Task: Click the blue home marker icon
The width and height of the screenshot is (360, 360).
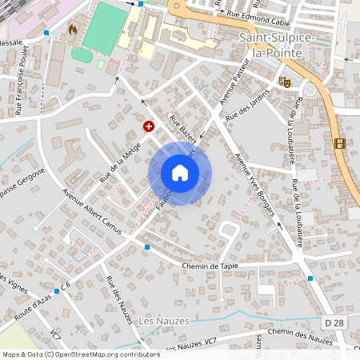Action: (x=180, y=173)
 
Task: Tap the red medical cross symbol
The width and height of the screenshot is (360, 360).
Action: (x=148, y=126)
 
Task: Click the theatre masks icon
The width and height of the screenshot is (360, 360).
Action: (x=284, y=81)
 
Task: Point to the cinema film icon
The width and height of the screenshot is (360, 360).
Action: (x=342, y=143)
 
